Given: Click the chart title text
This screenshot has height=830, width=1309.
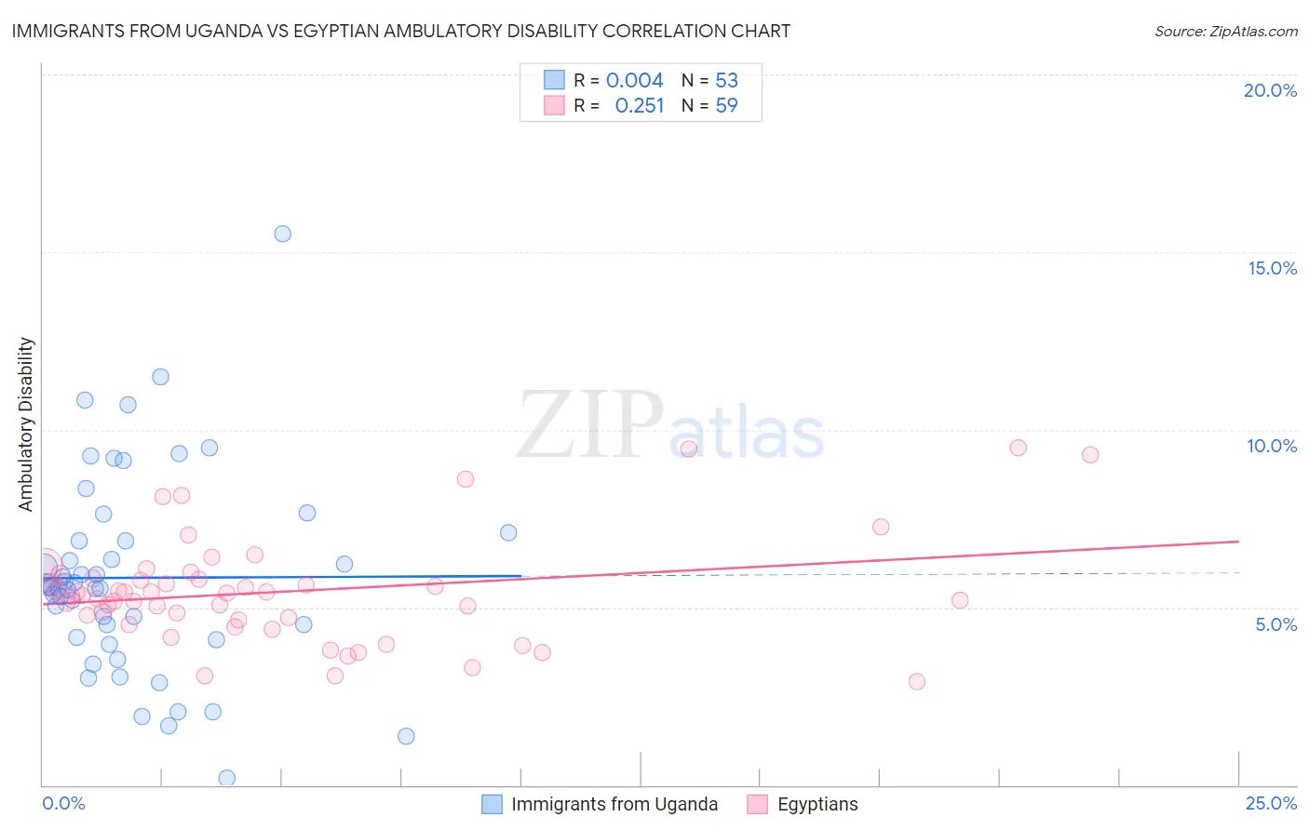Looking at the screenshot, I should (x=400, y=31).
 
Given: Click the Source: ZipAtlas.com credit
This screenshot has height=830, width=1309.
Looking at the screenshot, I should (x=1225, y=31).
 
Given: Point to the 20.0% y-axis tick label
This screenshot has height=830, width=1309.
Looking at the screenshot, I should (x=1270, y=90).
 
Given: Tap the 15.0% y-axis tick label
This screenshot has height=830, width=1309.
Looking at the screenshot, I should (x=1272, y=268).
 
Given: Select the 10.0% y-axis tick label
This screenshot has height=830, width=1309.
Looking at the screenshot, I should (x=1272, y=446).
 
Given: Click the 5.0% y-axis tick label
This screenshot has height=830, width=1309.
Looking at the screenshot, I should (x=1275, y=624).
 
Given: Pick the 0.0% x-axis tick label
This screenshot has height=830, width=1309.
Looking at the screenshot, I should (x=63, y=803).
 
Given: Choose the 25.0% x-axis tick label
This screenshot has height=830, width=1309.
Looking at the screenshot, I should (x=1271, y=803).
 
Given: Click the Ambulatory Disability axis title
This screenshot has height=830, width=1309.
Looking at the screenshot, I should (x=26, y=424).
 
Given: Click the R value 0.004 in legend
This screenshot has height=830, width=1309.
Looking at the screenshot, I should (x=634, y=81).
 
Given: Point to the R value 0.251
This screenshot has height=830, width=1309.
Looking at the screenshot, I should (x=640, y=106).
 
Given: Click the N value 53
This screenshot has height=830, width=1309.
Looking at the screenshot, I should (x=726, y=81).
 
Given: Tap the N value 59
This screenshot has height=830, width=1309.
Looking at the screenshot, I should (x=726, y=106).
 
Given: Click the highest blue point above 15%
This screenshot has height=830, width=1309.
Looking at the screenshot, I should (x=283, y=234).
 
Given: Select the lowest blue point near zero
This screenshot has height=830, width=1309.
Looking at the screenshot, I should (x=226, y=778).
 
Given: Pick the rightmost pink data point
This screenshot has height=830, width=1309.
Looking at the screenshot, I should (x=1090, y=455).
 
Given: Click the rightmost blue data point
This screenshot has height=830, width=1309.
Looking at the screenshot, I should (x=508, y=533).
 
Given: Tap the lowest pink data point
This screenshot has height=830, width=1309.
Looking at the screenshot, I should (x=917, y=682).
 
